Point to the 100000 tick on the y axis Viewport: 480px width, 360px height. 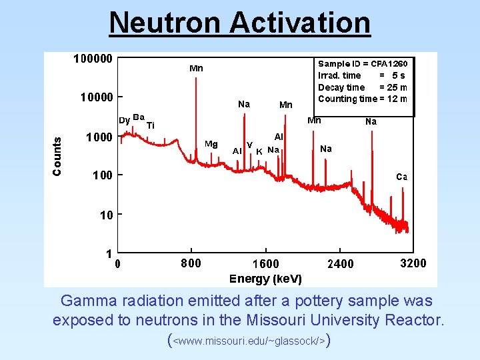tap(93, 58)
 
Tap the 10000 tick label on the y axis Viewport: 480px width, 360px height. tap(96, 97)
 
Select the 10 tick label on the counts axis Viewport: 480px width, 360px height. tap(107, 215)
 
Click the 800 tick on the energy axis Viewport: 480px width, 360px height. tap(191, 263)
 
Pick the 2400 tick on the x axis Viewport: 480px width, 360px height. tap(340, 264)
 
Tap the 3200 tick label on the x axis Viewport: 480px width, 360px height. tap(413, 263)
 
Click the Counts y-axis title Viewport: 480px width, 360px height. tap(57, 157)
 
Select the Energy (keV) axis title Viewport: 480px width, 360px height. tap(265, 279)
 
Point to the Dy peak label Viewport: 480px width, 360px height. tap(124, 121)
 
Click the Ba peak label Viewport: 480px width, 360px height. tap(139, 117)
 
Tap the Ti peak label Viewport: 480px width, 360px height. tap(151, 125)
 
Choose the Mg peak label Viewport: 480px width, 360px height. tap(211, 143)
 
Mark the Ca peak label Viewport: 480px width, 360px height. tap(401, 177)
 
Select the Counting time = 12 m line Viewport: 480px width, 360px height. tap(363, 99)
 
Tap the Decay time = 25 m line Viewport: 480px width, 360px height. tap(363, 87)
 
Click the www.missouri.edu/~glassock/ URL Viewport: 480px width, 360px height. tap(249, 341)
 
